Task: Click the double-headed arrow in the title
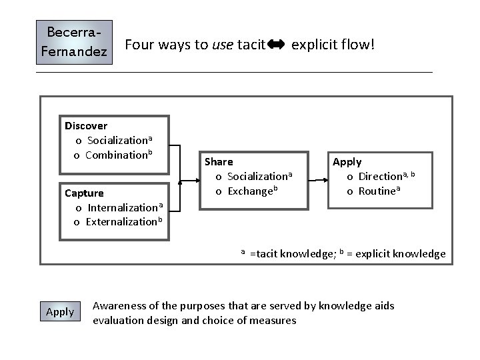coord(275,45)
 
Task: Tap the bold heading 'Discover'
coord(86,125)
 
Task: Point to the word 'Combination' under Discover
coord(116,155)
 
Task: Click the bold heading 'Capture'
coord(84,193)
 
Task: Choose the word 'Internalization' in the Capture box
coord(123,207)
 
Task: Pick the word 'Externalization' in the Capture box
coord(122,221)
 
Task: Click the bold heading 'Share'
coord(219,162)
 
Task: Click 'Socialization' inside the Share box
coord(257,177)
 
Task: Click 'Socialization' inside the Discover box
coord(117,141)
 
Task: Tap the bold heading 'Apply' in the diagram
coord(347,162)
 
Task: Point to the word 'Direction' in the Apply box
coord(381,177)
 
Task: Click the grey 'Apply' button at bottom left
coord(60,312)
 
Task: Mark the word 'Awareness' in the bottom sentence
coord(117,306)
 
